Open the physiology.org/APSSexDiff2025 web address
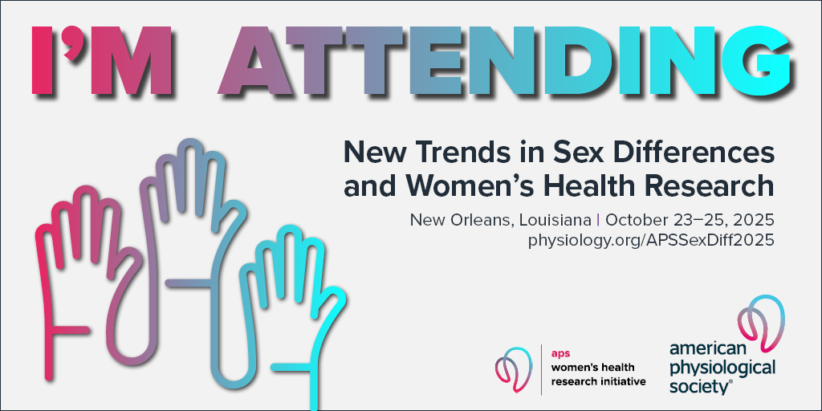point(651,240)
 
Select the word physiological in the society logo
point(722,368)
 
